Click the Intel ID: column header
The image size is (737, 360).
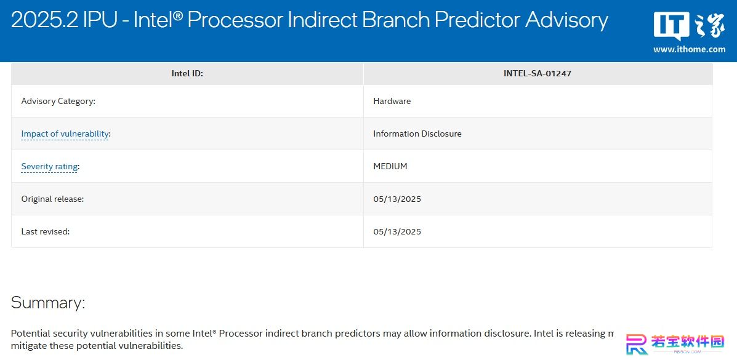click(187, 73)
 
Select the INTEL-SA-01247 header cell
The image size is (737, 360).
click(538, 73)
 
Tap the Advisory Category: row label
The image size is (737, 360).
click(58, 101)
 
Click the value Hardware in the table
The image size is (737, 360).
click(392, 101)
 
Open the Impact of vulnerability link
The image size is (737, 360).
click(65, 134)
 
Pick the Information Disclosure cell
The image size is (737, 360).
click(417, 134)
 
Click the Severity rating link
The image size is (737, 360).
click(49, 166)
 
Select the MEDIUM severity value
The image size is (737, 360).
click(390, 166)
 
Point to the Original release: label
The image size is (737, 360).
click(53, 199)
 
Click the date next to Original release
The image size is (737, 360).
click(397, 199)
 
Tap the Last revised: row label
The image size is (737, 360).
click(46, 231)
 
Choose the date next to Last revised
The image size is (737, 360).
click(397, 231)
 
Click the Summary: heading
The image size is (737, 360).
click(48, 302)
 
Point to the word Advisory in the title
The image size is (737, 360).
click(566, 21)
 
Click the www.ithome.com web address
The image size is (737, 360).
click(689, 49)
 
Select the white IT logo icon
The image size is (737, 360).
click(671, 26)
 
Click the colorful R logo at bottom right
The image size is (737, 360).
click(637, 345)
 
